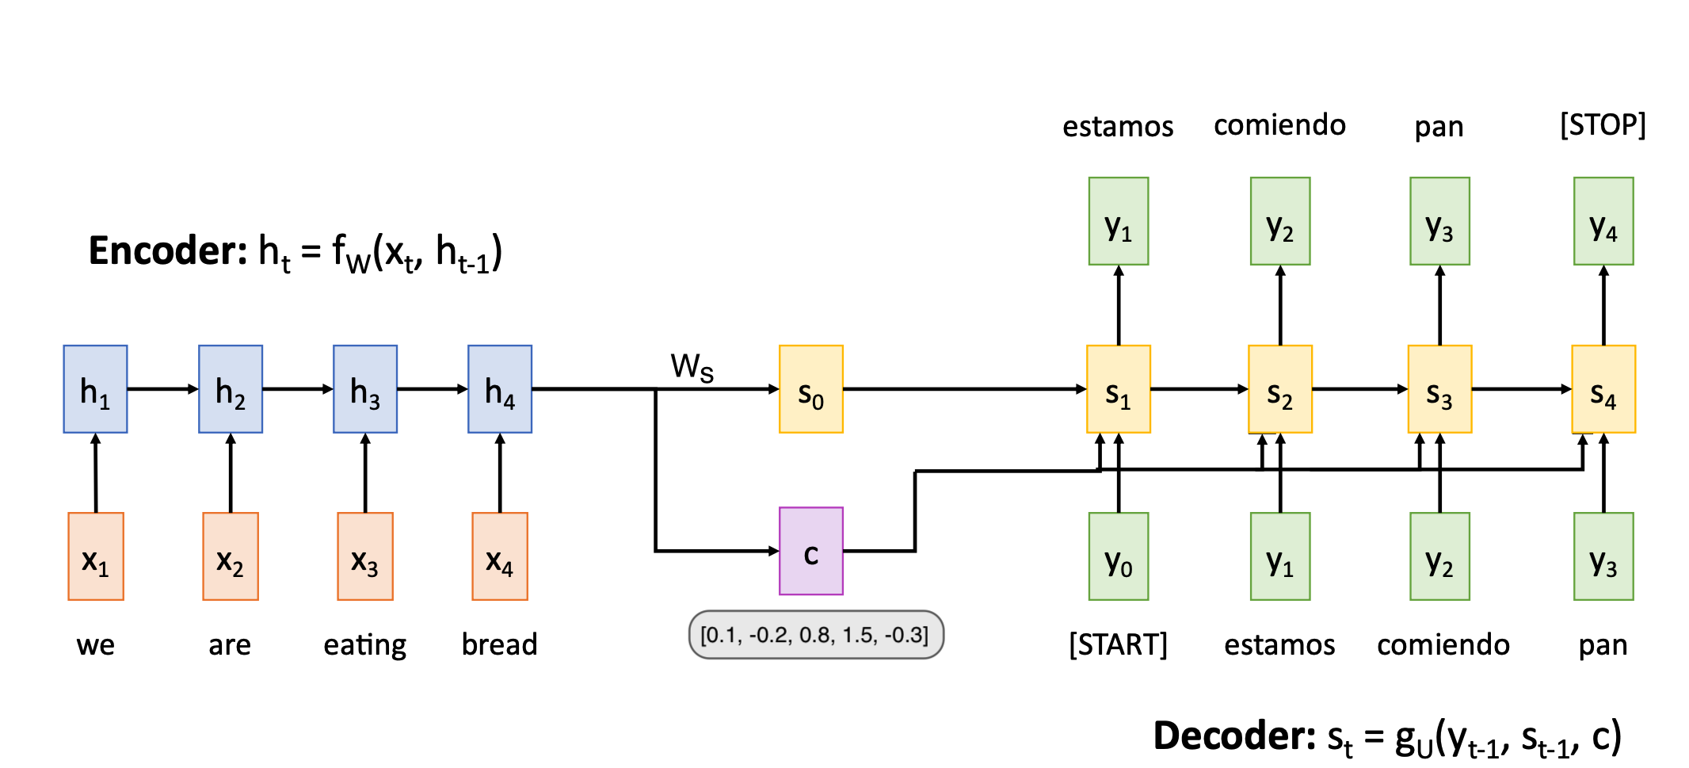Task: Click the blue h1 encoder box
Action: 95,389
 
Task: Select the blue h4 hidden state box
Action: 499,389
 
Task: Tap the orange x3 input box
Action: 364,556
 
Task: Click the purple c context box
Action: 810,551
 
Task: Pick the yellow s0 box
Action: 810,389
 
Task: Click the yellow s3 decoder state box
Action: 1439,389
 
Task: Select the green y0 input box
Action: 1118,556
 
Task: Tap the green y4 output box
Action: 1603,221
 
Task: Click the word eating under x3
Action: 364,645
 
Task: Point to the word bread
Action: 499,644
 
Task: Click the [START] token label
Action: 1118,644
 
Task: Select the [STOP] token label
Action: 1603,125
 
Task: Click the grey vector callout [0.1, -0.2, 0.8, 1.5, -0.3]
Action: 815,635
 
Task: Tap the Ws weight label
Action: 692,367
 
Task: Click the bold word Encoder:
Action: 168,251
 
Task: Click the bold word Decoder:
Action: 1233,736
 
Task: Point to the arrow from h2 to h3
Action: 297,389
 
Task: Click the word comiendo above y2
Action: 1279,125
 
